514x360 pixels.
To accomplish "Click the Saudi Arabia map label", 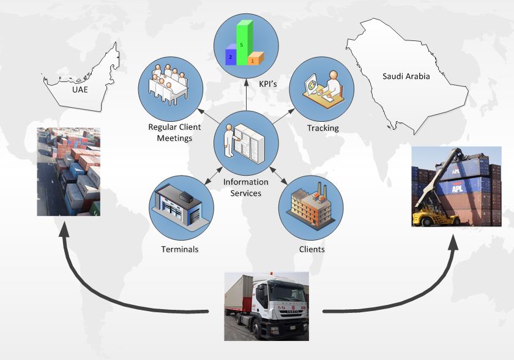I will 406,77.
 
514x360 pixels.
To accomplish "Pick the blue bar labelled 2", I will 231,55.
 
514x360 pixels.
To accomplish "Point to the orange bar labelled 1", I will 255,59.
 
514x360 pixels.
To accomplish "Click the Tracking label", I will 323,128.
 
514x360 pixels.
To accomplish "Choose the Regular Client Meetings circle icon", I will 170,86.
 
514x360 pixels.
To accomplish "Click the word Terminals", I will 179,249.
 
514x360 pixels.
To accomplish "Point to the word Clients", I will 311,249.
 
